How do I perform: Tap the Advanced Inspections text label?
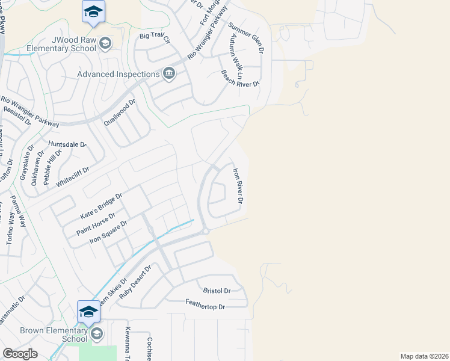119,74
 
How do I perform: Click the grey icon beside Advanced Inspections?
169,74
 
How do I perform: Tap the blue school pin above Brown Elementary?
88,312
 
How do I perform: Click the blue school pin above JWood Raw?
93,12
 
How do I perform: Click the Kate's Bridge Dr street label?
101,206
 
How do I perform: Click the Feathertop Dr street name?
205,307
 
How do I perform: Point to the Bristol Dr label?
217,291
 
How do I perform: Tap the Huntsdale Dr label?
67,145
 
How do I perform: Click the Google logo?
20,353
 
